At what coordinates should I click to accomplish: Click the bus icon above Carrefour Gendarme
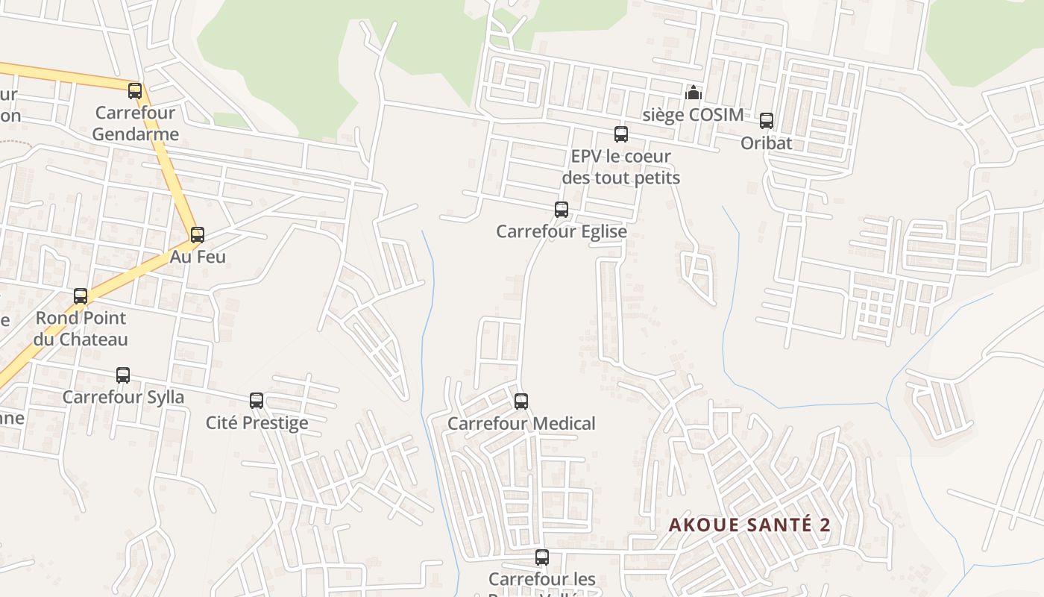pos(135,91)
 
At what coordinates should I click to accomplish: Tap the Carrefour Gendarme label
pos(136,124)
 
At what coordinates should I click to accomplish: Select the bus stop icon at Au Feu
pos(198,235)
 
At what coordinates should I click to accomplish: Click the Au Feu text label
pos(198,257)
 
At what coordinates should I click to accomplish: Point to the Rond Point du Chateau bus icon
pos(81,296)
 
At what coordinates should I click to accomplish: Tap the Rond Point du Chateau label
pos(81,328)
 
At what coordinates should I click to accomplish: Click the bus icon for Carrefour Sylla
pos(123,375)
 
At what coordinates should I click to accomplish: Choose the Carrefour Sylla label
pos(123,397)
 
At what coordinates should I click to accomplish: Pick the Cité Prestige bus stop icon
pos(257,401)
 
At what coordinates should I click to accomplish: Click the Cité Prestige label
pos(257,423)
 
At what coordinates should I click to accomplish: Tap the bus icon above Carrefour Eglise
pos(562,210)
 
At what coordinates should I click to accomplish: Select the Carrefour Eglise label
pos(562,231)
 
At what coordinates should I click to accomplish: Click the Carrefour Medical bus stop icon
pos(521,401)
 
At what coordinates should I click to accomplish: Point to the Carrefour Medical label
pos(521,424)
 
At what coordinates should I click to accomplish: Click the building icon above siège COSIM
pos(694,93)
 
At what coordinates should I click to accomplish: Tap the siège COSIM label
pos(694,115)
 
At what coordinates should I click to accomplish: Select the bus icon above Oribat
pos(767,121)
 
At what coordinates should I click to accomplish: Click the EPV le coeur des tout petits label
pos(621,167)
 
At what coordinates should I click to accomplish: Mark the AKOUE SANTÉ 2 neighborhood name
pos(749,525)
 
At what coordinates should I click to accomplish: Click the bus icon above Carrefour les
pos(542,557)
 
